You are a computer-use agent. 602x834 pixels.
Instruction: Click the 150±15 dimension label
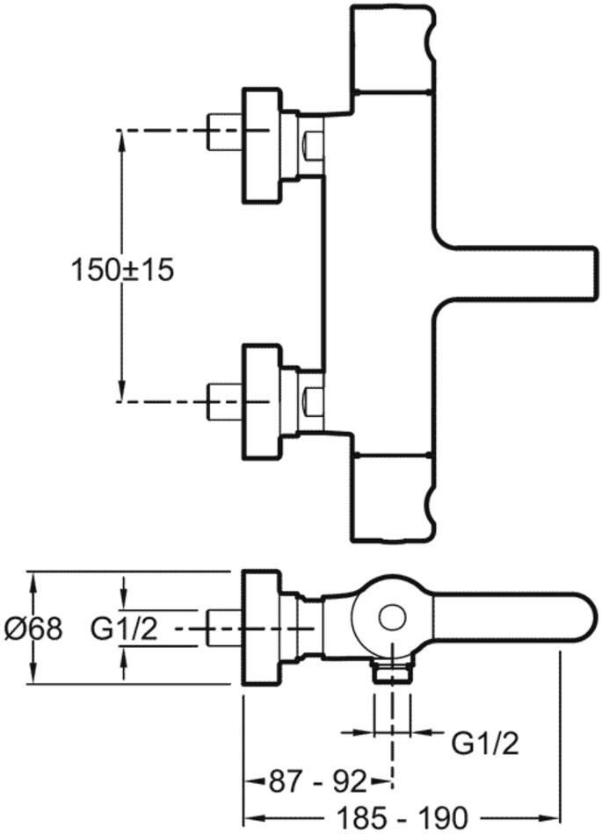(x=122, y=270)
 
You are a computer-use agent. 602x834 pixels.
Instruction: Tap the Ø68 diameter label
(x=33, y=629)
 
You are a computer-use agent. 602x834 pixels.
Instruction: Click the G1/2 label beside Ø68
(x=125, y=629)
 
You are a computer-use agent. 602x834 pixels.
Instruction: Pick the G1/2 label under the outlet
(x=485, y=744)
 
